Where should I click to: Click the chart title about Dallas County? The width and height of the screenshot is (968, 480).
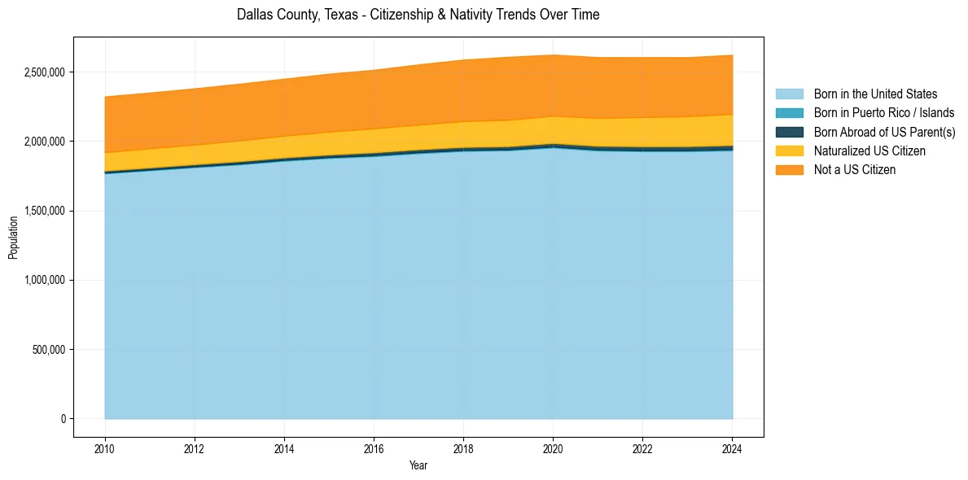pos(418,15)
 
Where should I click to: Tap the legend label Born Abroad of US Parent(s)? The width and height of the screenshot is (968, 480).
pos(884,132)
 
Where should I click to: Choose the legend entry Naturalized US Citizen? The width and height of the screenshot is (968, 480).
pos(869,151)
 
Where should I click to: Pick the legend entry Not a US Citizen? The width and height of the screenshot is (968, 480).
pos(855,169)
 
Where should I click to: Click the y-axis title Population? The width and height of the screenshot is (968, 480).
pos(13,238)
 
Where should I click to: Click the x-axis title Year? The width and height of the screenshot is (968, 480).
pos(418,466)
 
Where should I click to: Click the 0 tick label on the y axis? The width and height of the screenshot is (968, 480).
pos(62,419)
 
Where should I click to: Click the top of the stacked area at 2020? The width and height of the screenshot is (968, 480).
pos(553,55)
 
